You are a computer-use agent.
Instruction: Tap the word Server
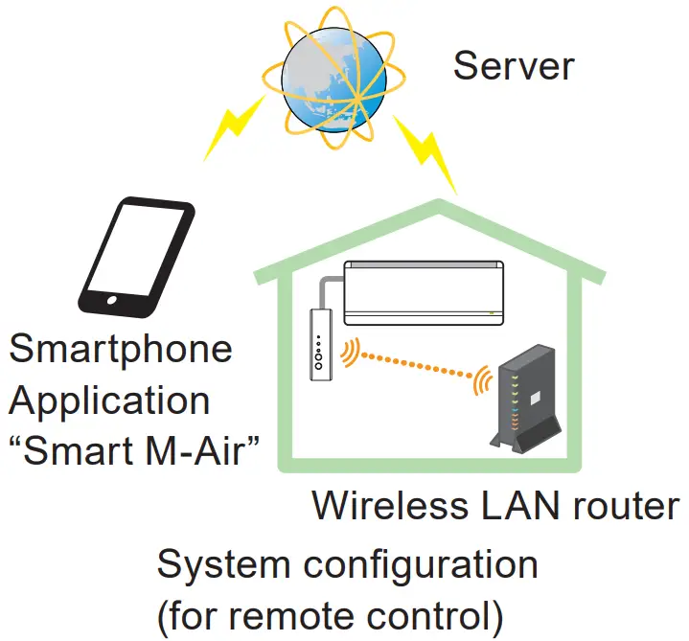pyautogui.click(x=514, y=66)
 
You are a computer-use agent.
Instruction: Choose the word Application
pyautogui.click(x=109, y=400)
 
